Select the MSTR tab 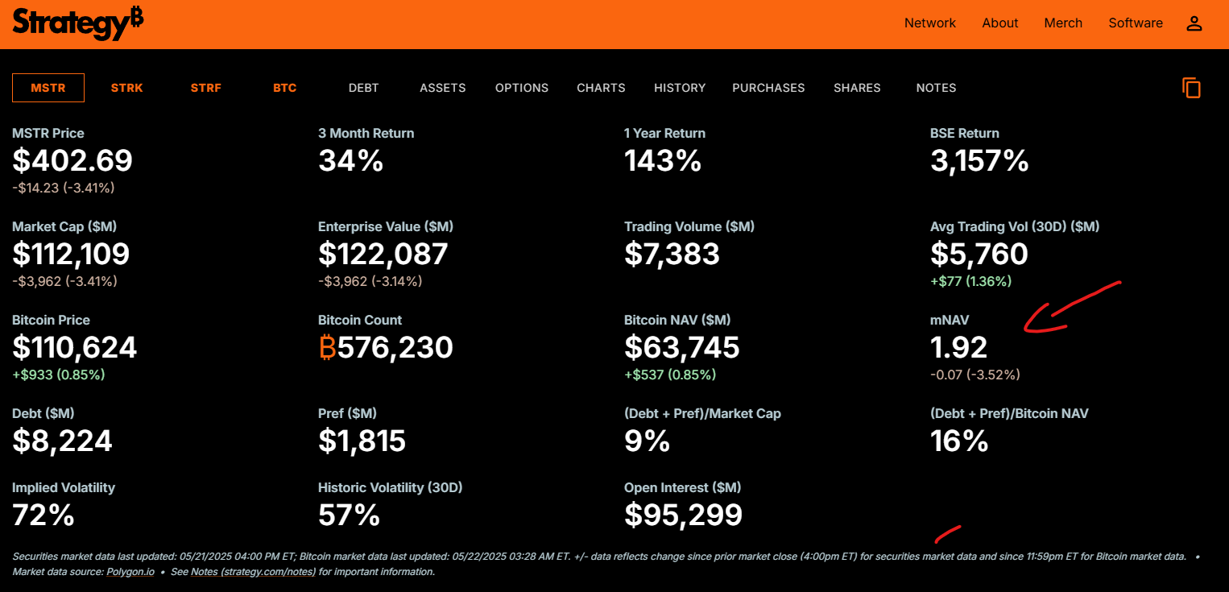[x=48, y=88]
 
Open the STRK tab [x=126, y=88]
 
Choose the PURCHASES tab [x=768, y=88]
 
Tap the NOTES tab [x=936, y=88]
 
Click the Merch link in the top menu [x=1063, y=23]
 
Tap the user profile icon [x=1194, y=23]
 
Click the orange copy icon [x=1191, y=88]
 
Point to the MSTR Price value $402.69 [x=72, y=161]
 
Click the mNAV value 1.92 [x=958, y=348]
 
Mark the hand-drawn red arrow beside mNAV [x=1063, y=310]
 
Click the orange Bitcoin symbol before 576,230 [x=327, y=348]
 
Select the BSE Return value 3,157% [x=979, y=161]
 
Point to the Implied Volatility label [x=64, y=487]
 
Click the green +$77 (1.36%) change [x=970, y=281]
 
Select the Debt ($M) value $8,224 [x=62, y=441]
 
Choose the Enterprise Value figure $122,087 [x=383, y=255]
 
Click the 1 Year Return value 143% [x=662, y=161]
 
